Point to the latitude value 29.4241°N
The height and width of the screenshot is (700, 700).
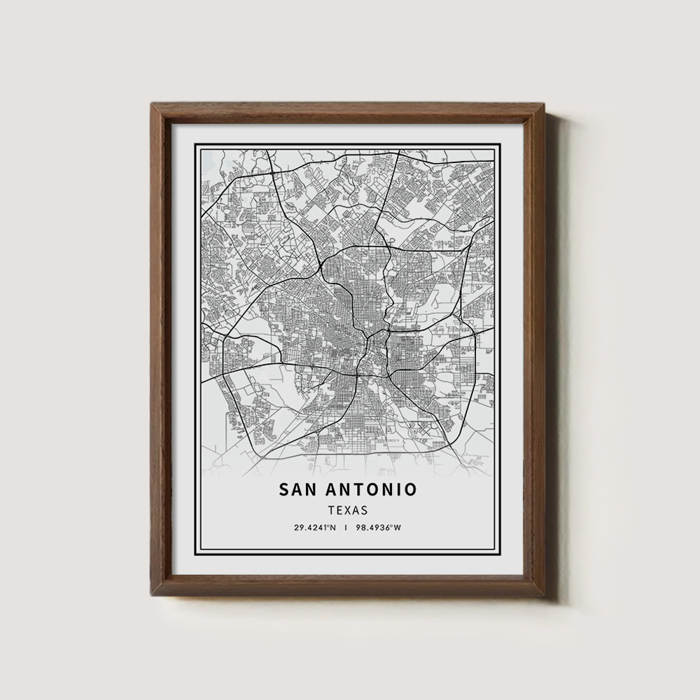(315, 527)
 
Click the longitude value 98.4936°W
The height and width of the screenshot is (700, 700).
(378, 527)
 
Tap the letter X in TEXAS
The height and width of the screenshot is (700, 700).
(348, 511)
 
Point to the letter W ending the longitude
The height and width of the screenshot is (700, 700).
(398, 527)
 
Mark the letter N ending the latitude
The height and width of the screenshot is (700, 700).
(333, 527)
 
